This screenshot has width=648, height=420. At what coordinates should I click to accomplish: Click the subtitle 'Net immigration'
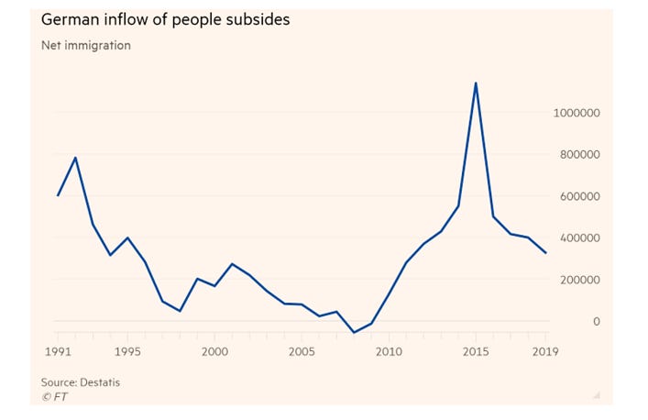coord(85,45)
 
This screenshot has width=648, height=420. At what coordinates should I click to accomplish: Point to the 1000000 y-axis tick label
coord(577,113)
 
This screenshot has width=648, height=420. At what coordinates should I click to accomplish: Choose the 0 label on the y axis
coord(597,322)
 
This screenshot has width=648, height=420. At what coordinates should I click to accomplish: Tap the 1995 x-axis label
coord(127,351)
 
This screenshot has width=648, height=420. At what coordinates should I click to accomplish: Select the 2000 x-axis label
coord(214,351)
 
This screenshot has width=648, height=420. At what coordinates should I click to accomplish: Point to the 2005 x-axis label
coord(302,351)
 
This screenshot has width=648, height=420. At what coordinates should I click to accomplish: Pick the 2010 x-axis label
coord(389,351)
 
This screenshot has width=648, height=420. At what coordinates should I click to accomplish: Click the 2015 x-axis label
coord(476,351)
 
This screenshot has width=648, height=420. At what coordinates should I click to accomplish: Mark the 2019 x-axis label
coord(544,351)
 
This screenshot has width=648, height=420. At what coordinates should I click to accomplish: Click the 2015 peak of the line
coord(476,83)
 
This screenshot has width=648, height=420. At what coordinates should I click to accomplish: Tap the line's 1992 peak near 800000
coord(75,158)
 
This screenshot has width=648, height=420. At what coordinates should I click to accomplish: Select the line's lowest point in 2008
coord(354,333)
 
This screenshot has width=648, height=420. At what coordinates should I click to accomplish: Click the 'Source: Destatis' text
coord(80,382)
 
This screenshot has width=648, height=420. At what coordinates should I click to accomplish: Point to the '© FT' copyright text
coord(54,396)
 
